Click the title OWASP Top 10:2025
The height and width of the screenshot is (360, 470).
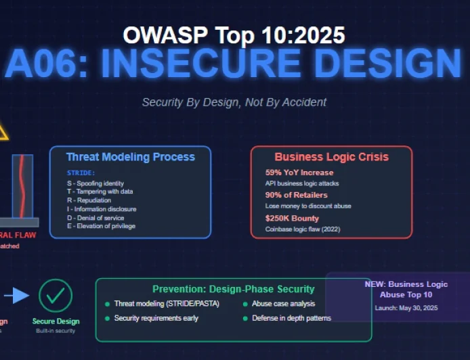pyautogui.click(x=234, y=35)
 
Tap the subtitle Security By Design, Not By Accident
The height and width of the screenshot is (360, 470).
pyautogui.click(x=234, y=102)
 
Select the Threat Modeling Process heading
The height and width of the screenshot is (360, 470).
pyautogui.click(x=130, y=157)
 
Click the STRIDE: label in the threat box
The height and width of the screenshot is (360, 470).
pyautogui.click(x=81, y=173)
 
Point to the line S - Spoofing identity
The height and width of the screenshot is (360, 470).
pyautogui.click(x=95, y=183)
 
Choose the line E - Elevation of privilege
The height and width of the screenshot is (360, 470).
pyautogui.click(x=101, y=226)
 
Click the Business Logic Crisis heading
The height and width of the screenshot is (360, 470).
pyautogui.click(x=331, y=157)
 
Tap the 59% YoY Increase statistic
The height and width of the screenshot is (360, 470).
pyautogui.click(x=299, y=173)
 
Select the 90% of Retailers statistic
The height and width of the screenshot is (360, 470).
pyautogui.click(x=296, y=195)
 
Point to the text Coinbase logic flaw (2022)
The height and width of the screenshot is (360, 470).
pyautogui.click(x=303, y=229)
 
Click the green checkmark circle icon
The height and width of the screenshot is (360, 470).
pyautogui.click(x=56, y=295)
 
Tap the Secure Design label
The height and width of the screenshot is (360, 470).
pyautogui.click(x=56, y=321)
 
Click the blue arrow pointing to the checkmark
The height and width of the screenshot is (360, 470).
pyautogui.click(x=20, y=295)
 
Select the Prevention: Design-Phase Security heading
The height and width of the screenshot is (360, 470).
pyautogui.click(x=233, y=289)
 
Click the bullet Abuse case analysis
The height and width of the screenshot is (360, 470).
pyautogui.click(x=283, y=304)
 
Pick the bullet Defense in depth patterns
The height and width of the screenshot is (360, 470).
pyautogui.click(x=291, y=318)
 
